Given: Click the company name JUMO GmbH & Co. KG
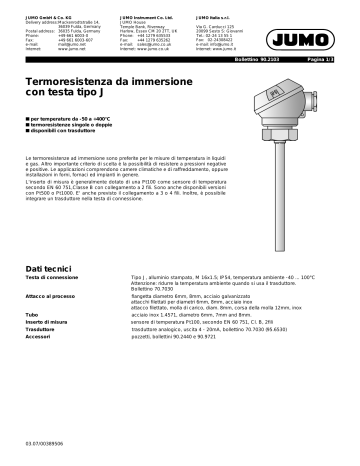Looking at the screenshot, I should pyautogui.click(x=48, y=11).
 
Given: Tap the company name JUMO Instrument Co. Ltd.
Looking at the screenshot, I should pyautogui.click(x=153, y=11).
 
